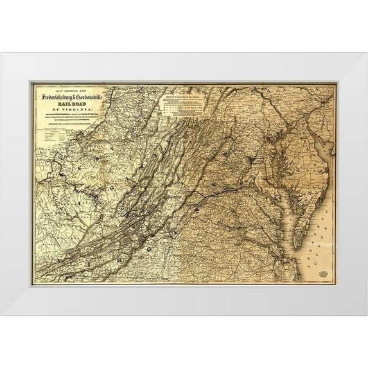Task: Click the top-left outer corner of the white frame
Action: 1,53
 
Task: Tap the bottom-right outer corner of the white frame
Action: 367,315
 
